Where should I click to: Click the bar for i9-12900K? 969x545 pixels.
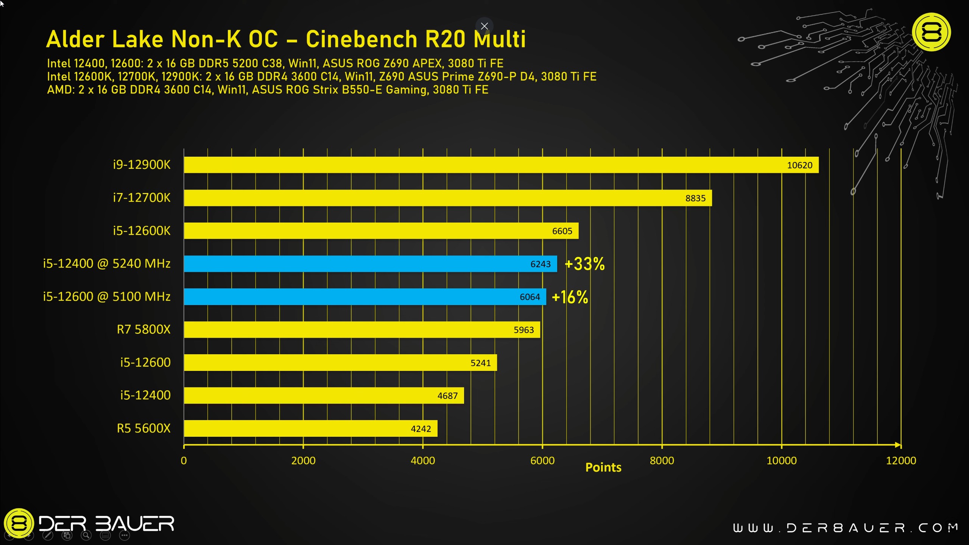point(500,165)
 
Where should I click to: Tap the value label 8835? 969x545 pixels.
point(695,198)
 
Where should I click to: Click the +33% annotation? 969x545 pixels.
point(584,264)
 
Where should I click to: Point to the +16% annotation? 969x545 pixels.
point(570,297)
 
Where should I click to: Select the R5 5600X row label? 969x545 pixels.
point(143,428)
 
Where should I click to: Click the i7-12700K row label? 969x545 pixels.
point(142,198)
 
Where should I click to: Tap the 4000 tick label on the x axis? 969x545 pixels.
point(423,461)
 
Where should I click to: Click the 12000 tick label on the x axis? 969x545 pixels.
point(901,461)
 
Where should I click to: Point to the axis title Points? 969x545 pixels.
point(603,467)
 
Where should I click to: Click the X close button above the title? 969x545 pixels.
point(484,26)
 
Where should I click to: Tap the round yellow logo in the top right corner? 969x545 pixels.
point(931,32)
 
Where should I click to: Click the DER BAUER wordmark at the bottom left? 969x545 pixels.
point(106,524)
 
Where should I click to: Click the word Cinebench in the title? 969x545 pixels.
point(361,39)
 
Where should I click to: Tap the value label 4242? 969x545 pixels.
point(421,429)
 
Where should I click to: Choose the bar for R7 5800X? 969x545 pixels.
point(361,330)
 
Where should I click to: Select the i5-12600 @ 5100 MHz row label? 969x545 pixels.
point(107,296)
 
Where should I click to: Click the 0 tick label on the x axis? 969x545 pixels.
point(184,461)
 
